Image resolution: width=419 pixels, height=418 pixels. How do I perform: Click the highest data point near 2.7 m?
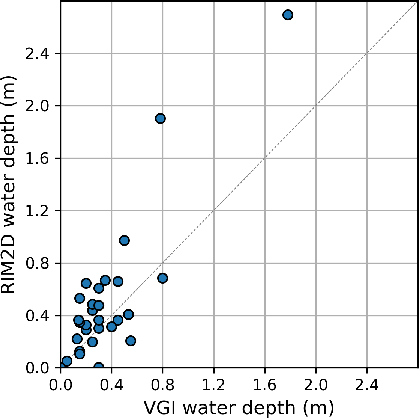click(x=288, y=15)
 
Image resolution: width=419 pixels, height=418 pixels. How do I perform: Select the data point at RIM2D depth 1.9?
click(x=161, y=119)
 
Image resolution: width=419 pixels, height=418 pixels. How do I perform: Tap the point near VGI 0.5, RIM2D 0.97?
click(x=124, y=240)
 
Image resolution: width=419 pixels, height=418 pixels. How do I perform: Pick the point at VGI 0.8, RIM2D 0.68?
click(x=162, y=278)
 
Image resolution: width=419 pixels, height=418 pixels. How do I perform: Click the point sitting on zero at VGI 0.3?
click(x=99, y=367)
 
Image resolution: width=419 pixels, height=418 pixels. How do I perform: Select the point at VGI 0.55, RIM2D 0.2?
click(x=131, y=341)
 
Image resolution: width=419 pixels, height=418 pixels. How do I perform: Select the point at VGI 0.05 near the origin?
click(x=67, y=361)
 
